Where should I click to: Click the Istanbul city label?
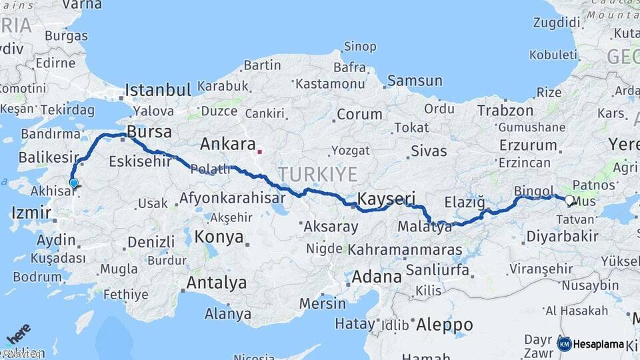tap(159, 89)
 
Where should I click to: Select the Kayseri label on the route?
tap(387, 199)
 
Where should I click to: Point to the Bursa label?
tap(149, 131)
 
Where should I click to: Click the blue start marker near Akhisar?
tap(73, 183)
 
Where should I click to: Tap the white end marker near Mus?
tap(569, 199)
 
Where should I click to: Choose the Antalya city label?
tap(216, 283)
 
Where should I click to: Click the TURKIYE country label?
tap(318, 175)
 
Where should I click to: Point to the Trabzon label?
tap(505, 111)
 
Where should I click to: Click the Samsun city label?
tap(414, 81)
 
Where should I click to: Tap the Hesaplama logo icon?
tap(564, 344)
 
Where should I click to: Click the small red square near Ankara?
tap(260, 151)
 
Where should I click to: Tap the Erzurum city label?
tap(528, 145)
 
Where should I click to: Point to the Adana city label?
tap(377, 276)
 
